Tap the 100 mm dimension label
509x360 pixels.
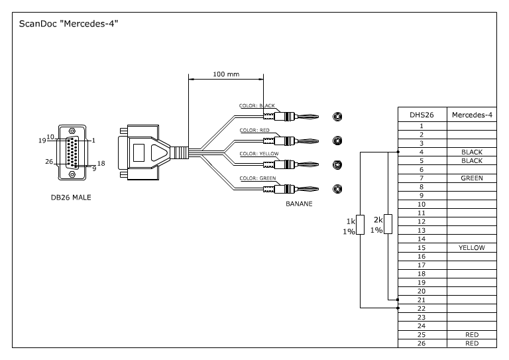click(226, 74)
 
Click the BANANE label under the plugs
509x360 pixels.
click(299, 204)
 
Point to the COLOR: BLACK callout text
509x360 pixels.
click(257, 105)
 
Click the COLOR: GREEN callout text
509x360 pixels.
click(257, 178)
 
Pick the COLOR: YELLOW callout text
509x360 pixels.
click(259, 154)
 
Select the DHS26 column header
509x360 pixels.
click(422, 115)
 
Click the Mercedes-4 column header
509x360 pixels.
click(472, 115)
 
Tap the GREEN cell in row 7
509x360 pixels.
click(472, 178)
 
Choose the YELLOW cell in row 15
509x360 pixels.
click(472, 247)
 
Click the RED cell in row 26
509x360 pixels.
click(472, 343)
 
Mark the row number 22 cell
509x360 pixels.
click(422, 308)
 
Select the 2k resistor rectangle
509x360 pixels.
click(388, 225)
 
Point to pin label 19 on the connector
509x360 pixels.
click(42, 141)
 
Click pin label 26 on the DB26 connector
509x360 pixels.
click(48, 162)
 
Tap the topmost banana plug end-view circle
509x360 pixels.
click(338, 117)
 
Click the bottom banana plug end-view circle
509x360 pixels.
click(338, 188)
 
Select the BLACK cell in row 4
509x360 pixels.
click(472, 152)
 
